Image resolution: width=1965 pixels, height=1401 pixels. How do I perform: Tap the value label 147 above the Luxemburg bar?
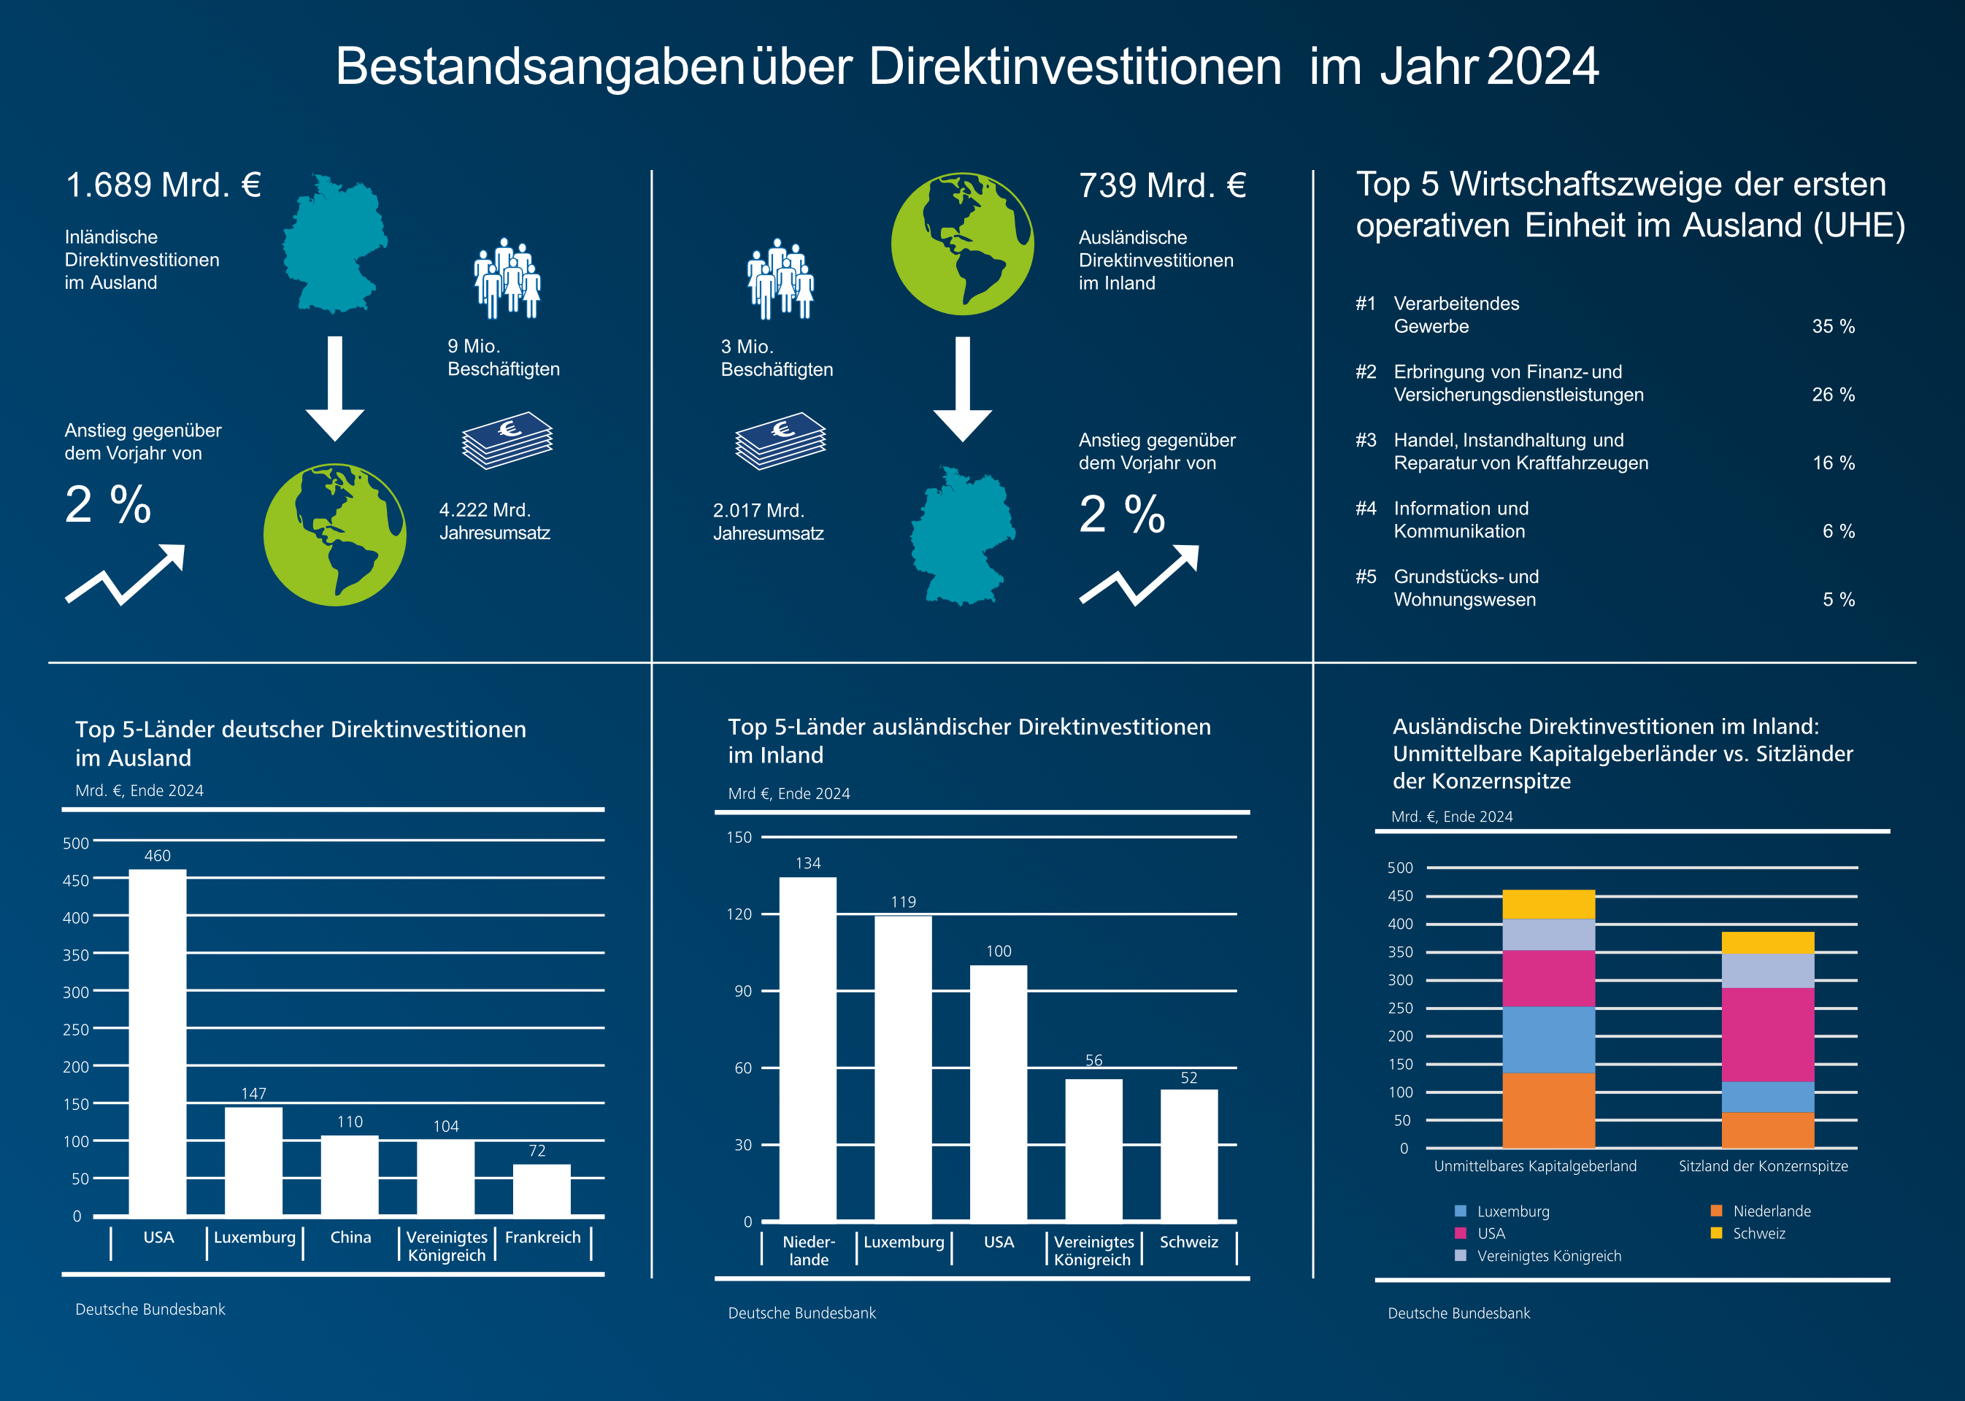pos(254,1093)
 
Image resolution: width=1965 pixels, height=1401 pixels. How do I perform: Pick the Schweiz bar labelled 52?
pos(1188,1155)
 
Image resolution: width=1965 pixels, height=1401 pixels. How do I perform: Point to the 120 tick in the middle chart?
pos(739,914)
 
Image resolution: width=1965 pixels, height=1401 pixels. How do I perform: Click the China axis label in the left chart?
pos(350,1237)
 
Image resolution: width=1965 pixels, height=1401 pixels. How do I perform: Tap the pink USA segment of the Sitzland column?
pos(1767,1035)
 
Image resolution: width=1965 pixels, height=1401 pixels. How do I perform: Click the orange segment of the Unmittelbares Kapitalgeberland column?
pos(1548,1111)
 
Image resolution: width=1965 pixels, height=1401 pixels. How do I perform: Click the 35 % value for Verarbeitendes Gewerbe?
pos(1833,326)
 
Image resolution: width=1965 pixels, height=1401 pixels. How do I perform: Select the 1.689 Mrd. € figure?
pos(163,185)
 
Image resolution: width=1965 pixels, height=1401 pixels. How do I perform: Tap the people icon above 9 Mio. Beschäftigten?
pos(507,278)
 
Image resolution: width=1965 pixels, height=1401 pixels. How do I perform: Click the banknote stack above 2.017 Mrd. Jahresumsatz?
pos(780,441)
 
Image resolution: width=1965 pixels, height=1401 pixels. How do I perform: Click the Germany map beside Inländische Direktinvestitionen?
pos(335,244)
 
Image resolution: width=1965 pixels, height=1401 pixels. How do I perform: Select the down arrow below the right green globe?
pos(962,388)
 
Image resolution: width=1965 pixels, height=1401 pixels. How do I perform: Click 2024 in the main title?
pos(1543,66)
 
